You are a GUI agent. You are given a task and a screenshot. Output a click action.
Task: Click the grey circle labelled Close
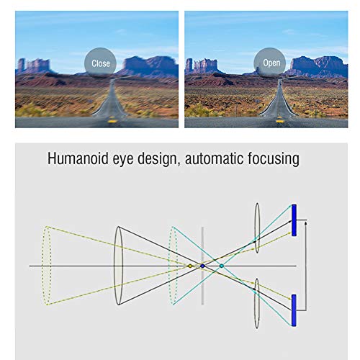(100, 63)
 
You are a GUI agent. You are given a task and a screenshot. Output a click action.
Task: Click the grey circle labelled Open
(270, 63)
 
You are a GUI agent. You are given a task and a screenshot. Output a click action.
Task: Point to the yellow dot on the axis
(190, 266)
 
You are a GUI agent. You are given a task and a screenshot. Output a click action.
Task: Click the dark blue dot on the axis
(202, 266)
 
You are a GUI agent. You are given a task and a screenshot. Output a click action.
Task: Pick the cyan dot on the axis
(222, 266)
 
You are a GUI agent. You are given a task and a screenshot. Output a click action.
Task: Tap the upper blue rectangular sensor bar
(294, 220)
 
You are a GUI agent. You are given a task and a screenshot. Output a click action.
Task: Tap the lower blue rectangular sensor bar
(294, 310)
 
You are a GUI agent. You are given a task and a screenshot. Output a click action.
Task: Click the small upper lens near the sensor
(257, 228)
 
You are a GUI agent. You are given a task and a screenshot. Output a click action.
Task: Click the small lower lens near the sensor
(257, 303)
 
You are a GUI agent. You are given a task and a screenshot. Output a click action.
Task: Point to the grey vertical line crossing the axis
(202, 266)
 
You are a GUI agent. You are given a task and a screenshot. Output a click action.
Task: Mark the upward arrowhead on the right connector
(305, 224)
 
